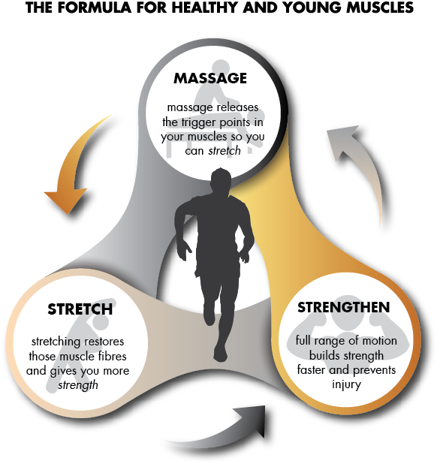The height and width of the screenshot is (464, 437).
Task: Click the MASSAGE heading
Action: click(210, 78)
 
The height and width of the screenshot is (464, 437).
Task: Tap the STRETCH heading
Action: click(80, 309)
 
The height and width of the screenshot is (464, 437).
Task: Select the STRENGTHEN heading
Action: click(343, 307)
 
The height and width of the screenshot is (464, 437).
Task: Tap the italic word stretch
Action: click(225, 151)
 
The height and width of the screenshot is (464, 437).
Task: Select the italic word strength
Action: click(78, 385)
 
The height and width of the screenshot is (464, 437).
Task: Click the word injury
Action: click(346, 384)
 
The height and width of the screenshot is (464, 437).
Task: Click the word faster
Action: click(312, 370)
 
